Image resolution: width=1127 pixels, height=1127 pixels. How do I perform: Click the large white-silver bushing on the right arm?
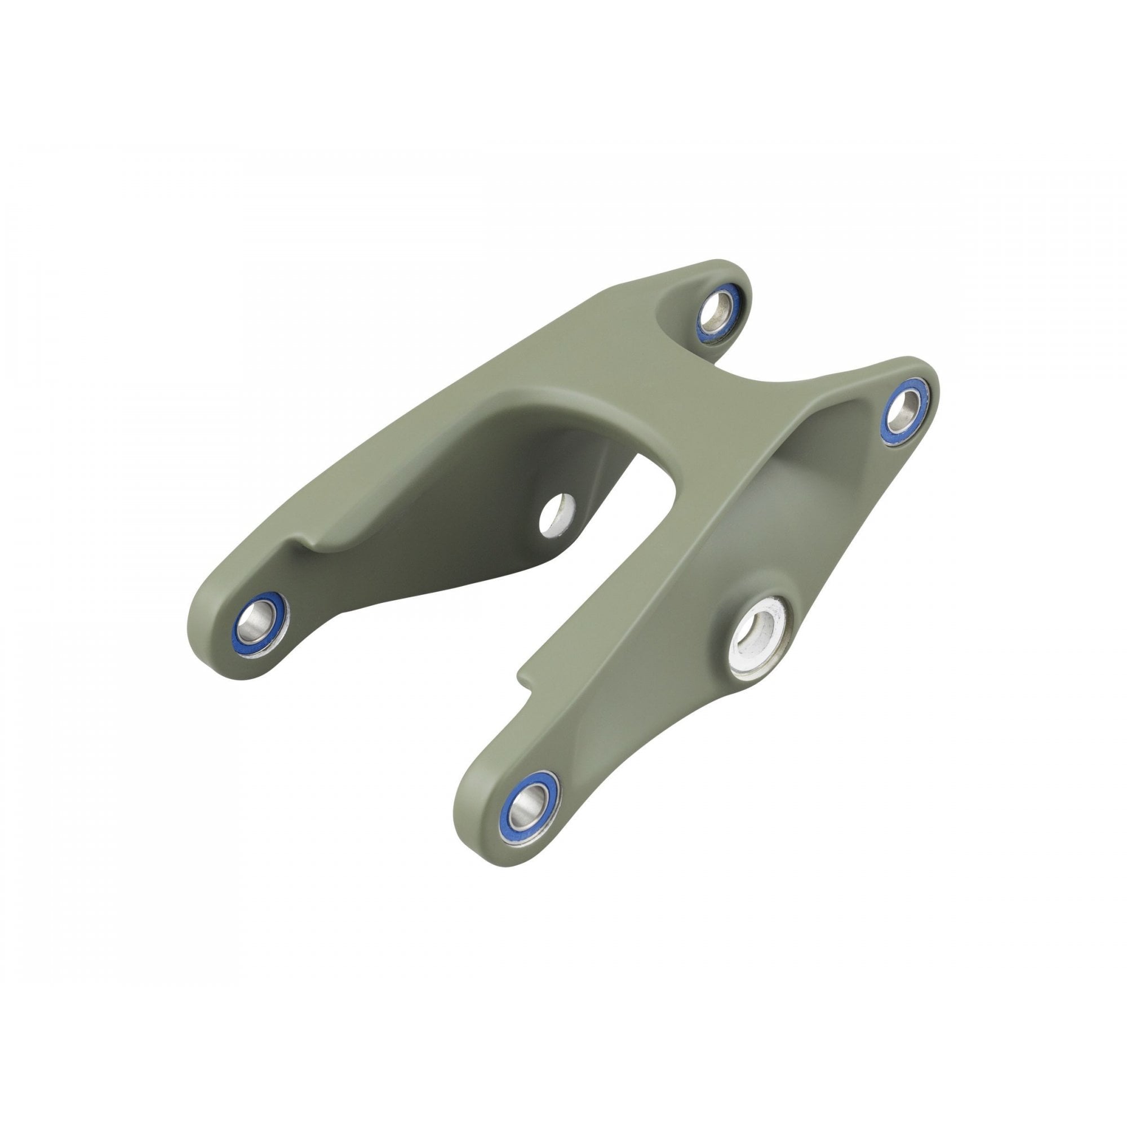point(758,637)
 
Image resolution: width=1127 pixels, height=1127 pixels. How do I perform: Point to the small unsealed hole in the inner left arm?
point(556,514)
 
